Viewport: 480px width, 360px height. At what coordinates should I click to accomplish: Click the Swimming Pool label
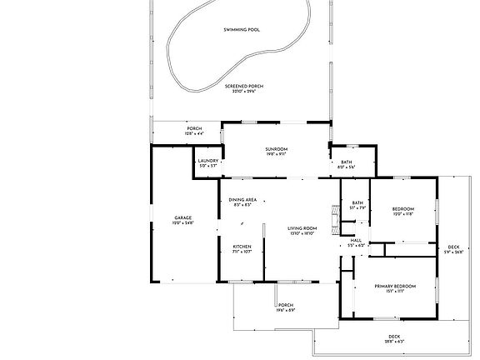click(x=242, y=30)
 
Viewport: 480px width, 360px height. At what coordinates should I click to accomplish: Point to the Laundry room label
click(x=208, y=161)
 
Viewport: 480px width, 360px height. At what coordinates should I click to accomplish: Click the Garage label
click(x=182, y=217)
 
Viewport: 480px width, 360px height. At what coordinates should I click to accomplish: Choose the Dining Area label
click(x=242, y=200)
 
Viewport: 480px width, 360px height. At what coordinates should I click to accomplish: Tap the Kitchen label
click(x=242, y=247)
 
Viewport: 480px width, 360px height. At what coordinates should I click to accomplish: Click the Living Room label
click(x=302, y=227)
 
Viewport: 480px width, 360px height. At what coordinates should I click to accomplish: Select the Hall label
click(x=355, y=240)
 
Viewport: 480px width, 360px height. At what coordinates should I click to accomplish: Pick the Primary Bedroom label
click(x=395, y=287)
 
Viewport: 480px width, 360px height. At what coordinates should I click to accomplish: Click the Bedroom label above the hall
click(x=402, y=208)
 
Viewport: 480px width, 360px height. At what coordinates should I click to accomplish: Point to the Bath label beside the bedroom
click(x=357, y=202)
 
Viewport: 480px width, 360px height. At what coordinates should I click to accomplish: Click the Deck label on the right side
click(x=452, y=247)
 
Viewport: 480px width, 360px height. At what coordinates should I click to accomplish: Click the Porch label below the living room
click(x=286, y=305)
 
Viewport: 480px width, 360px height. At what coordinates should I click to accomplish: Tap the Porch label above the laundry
click(x=193, y=128)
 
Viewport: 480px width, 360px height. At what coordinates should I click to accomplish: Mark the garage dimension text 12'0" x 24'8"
click(x=182, y=223)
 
